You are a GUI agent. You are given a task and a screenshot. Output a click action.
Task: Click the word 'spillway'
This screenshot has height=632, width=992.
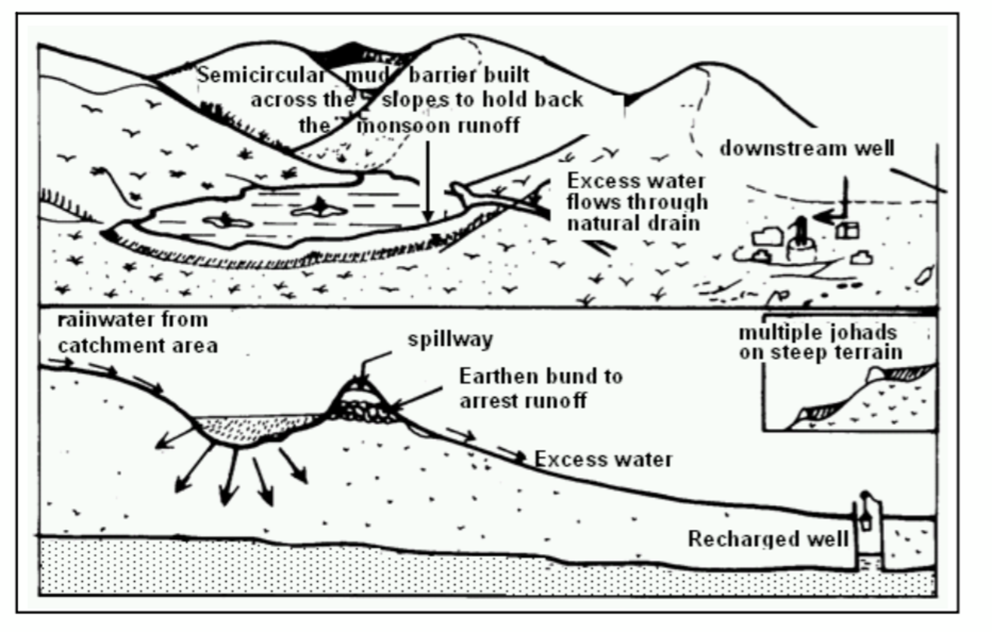(x=450, y=339)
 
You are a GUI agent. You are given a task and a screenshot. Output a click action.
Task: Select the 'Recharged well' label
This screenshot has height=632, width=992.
(x=768, y=539)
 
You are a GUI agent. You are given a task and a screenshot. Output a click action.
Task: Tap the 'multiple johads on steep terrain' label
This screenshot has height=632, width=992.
(x=820, y=343)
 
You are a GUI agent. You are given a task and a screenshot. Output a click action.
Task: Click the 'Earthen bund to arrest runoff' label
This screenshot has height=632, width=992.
(x=540, y=388)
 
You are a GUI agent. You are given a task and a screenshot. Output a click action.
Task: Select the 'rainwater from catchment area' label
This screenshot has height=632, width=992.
(x=137, y=333)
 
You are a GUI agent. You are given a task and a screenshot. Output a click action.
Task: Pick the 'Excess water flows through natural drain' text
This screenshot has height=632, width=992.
(x=636, y=202)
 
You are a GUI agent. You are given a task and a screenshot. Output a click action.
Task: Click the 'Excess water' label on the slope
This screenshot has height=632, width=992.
(x=603, y=459)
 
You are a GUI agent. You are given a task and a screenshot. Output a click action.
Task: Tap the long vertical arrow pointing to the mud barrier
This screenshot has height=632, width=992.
(x=427, y=180)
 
